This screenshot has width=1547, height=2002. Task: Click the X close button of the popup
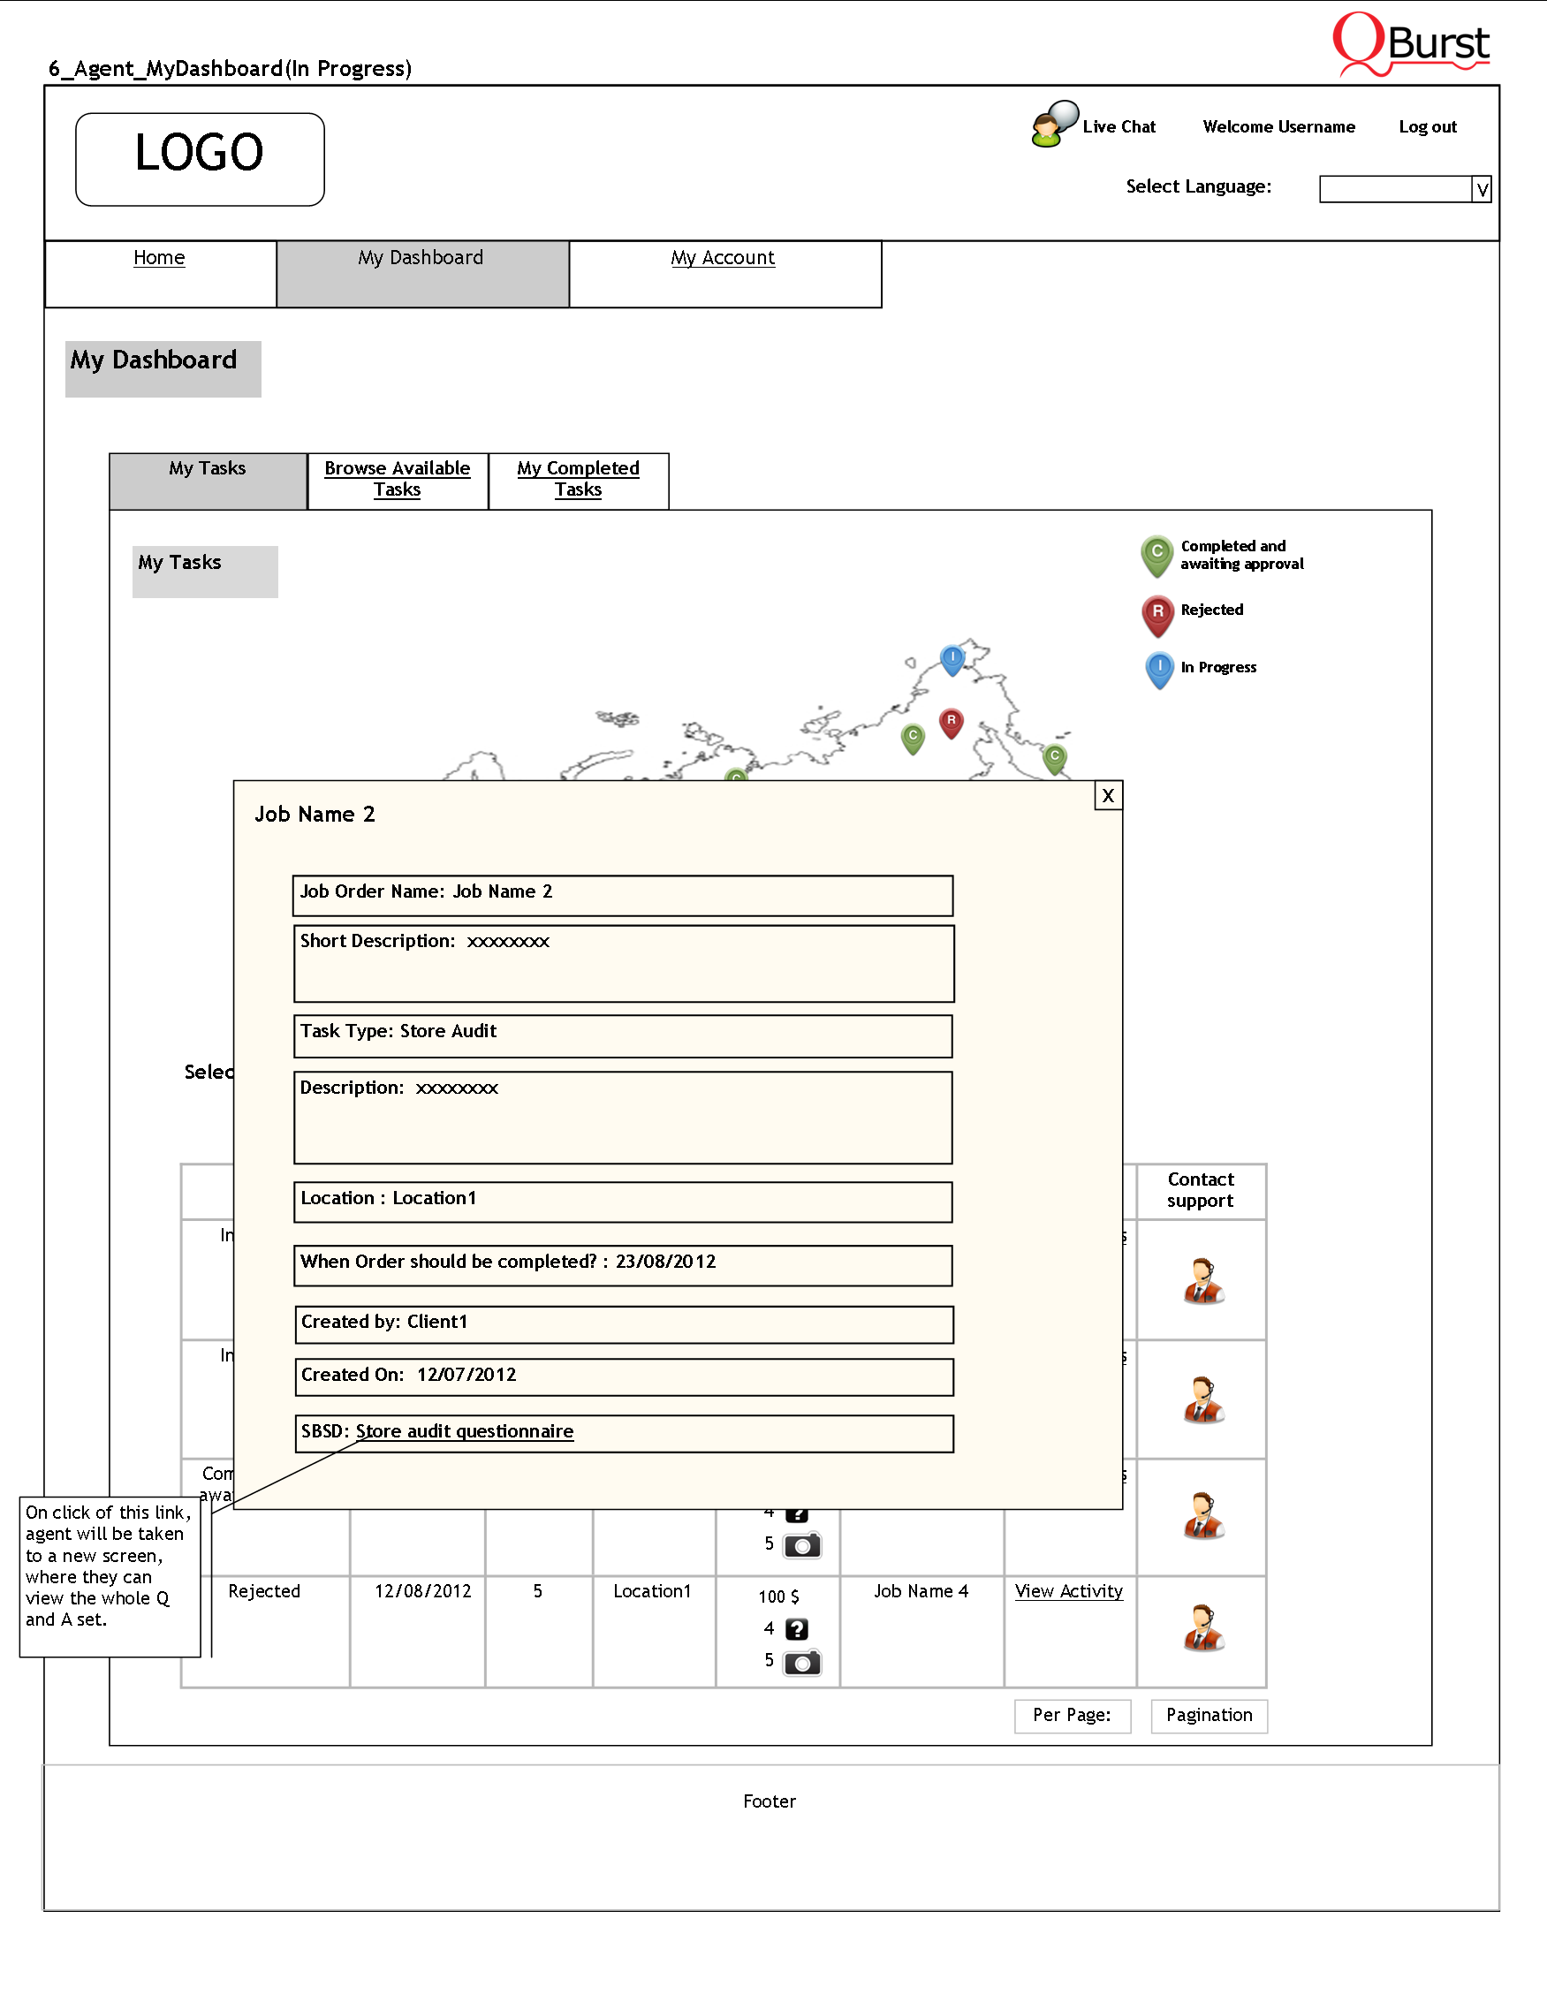click(1108, 796)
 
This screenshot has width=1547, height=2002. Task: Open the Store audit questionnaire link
click(465, 1432)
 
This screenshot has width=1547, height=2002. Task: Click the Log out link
click(1427, 127)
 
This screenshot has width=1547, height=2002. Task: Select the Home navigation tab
click(159, 259)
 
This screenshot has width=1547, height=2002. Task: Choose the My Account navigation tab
click(722, 259)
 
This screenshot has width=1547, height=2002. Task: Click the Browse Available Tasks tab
click(397, 480)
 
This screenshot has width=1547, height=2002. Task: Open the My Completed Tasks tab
click(579, 480)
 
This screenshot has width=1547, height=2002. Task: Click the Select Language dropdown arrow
click(1481, 190)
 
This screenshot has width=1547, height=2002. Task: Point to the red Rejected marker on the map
click(952, 723)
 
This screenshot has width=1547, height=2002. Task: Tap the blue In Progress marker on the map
click(952, 658)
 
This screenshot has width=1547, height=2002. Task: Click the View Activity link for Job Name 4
click(1069, 1591)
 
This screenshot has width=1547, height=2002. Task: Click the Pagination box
click(1209, 1716)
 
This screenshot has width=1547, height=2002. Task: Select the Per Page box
click(1073, 1716)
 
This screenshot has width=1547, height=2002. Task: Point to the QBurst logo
click(1411, 44)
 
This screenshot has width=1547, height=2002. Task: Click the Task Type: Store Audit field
click(622, 1035)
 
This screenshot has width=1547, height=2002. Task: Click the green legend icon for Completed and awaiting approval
click(1156, 555)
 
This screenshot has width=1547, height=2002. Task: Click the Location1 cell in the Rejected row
click(652, 1592)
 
